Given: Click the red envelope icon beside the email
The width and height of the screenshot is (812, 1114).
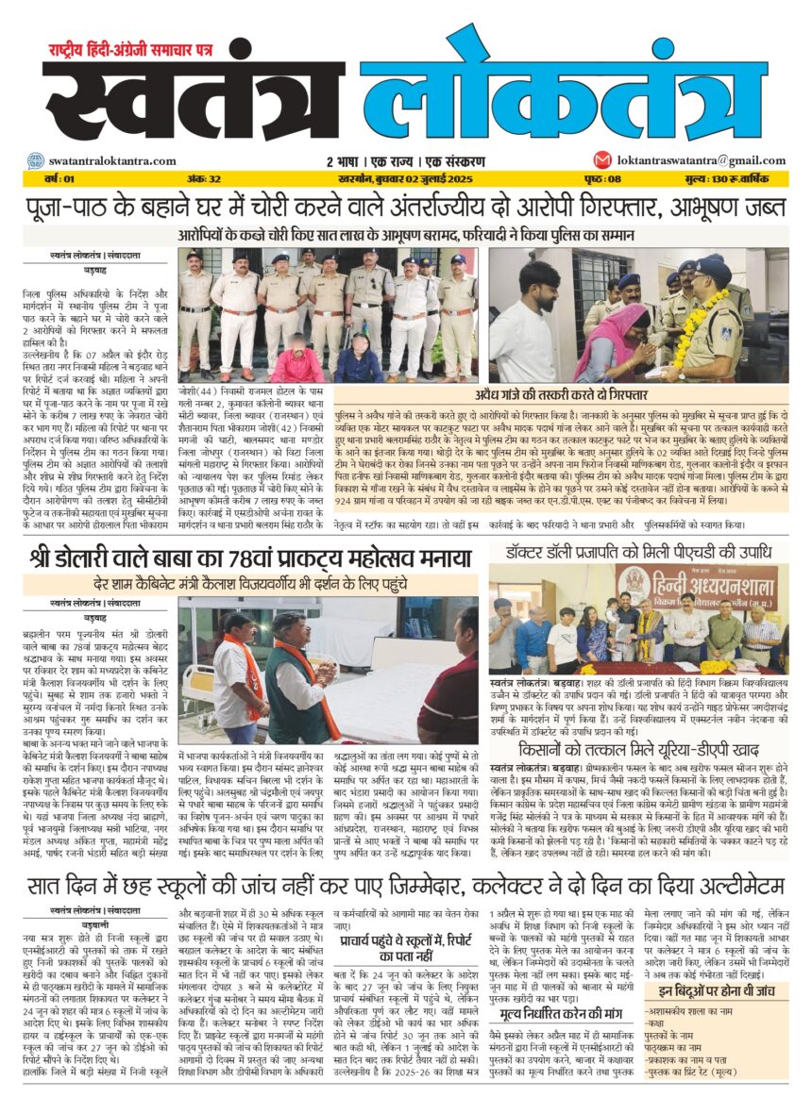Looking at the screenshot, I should click(601, 160).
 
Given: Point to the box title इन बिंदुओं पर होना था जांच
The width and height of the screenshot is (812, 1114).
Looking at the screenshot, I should click(719, 990).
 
